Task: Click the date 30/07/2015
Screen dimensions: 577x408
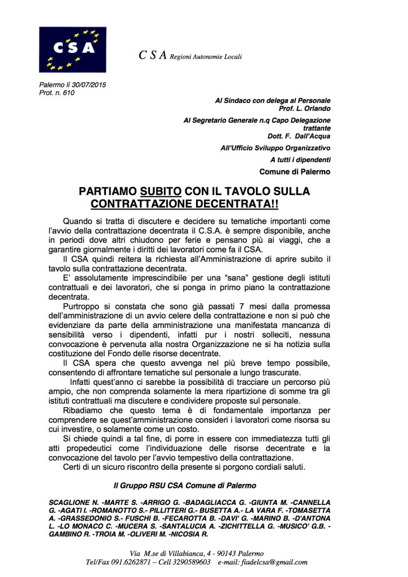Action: click(x=87, y=85)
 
